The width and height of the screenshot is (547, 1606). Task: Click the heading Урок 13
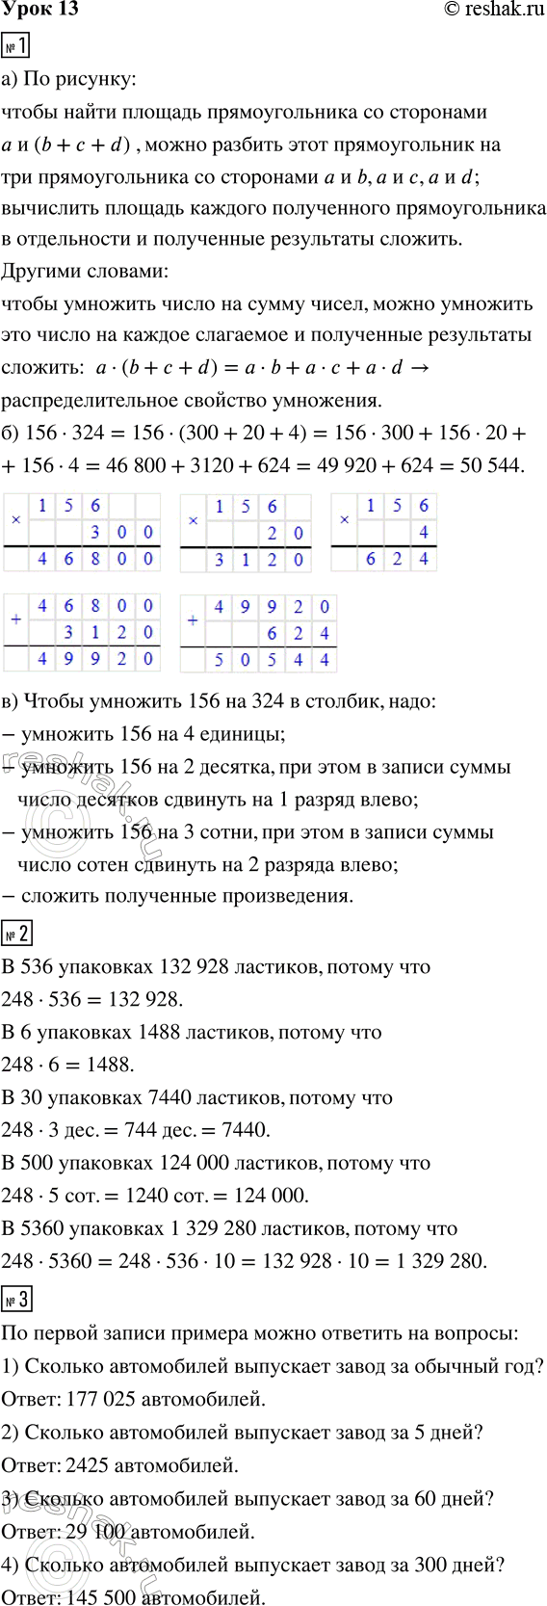coord(40,10)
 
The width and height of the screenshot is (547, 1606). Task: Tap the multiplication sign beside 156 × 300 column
coord(15,518)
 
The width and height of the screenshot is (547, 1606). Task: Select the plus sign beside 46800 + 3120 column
coord(15,619)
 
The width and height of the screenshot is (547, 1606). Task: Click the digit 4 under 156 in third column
coord(424,532)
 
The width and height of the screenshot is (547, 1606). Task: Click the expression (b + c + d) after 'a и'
coord(81,145)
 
